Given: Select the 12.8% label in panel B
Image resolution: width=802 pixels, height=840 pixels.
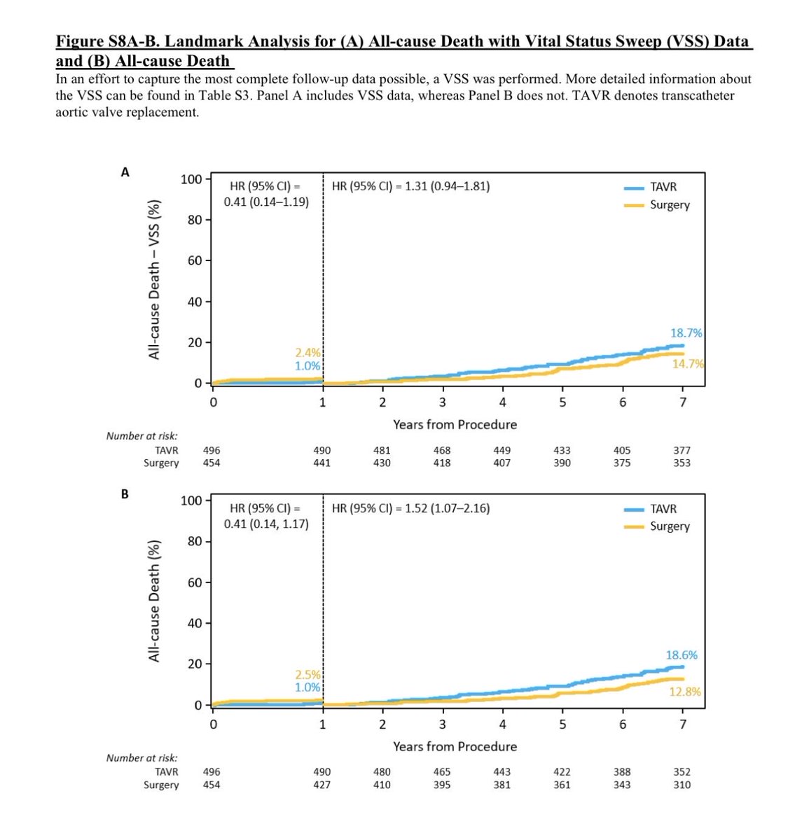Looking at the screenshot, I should point(684,692).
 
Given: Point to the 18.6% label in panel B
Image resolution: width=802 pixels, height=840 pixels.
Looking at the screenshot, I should point(681,656).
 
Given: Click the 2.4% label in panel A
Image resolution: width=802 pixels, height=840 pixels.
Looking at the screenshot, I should point(307,353).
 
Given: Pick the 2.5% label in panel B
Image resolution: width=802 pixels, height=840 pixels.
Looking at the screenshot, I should point(307,675).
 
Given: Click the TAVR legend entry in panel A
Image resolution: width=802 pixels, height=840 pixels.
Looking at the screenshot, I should point(663,187).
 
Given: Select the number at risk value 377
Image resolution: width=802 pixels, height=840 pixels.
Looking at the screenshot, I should point(682,451).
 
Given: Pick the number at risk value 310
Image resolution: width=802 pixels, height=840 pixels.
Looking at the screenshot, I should point(682,785).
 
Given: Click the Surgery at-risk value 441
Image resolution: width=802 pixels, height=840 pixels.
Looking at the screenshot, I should point(322,463).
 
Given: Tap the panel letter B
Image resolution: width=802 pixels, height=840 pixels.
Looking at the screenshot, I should point(125,494).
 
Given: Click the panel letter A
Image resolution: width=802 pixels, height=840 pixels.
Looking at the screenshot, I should point(125,172).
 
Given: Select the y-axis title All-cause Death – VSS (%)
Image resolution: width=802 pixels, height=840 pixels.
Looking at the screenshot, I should point(154,279).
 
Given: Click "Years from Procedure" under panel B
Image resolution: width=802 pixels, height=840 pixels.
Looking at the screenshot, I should point(455,746).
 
